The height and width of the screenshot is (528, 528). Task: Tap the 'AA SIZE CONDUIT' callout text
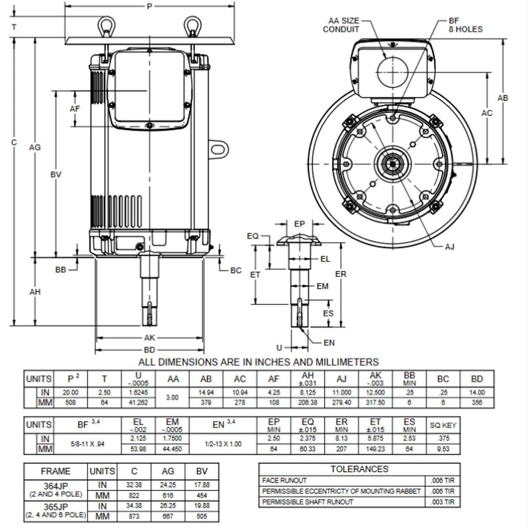(341, 25)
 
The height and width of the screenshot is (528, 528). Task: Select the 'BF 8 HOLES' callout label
(465, 25)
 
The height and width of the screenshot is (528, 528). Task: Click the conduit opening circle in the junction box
(391, 72)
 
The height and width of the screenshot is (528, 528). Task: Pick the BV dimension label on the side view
(56, 174)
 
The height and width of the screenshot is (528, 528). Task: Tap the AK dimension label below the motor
(149, 338)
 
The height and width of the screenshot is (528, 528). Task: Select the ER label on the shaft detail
(341, 274)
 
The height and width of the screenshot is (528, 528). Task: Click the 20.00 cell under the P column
(71, 392)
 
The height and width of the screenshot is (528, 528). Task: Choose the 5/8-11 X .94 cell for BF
(87, 444)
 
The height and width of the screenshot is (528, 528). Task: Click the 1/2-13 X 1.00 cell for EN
(224, 444)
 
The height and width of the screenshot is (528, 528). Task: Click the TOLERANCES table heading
(359, 469)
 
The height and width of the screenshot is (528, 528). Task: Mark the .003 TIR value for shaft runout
(442, 502)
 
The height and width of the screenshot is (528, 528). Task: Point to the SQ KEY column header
(443, 425)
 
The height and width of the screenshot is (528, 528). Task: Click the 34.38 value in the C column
(134, 506)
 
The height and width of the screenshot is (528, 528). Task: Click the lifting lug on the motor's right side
(219, 148)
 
